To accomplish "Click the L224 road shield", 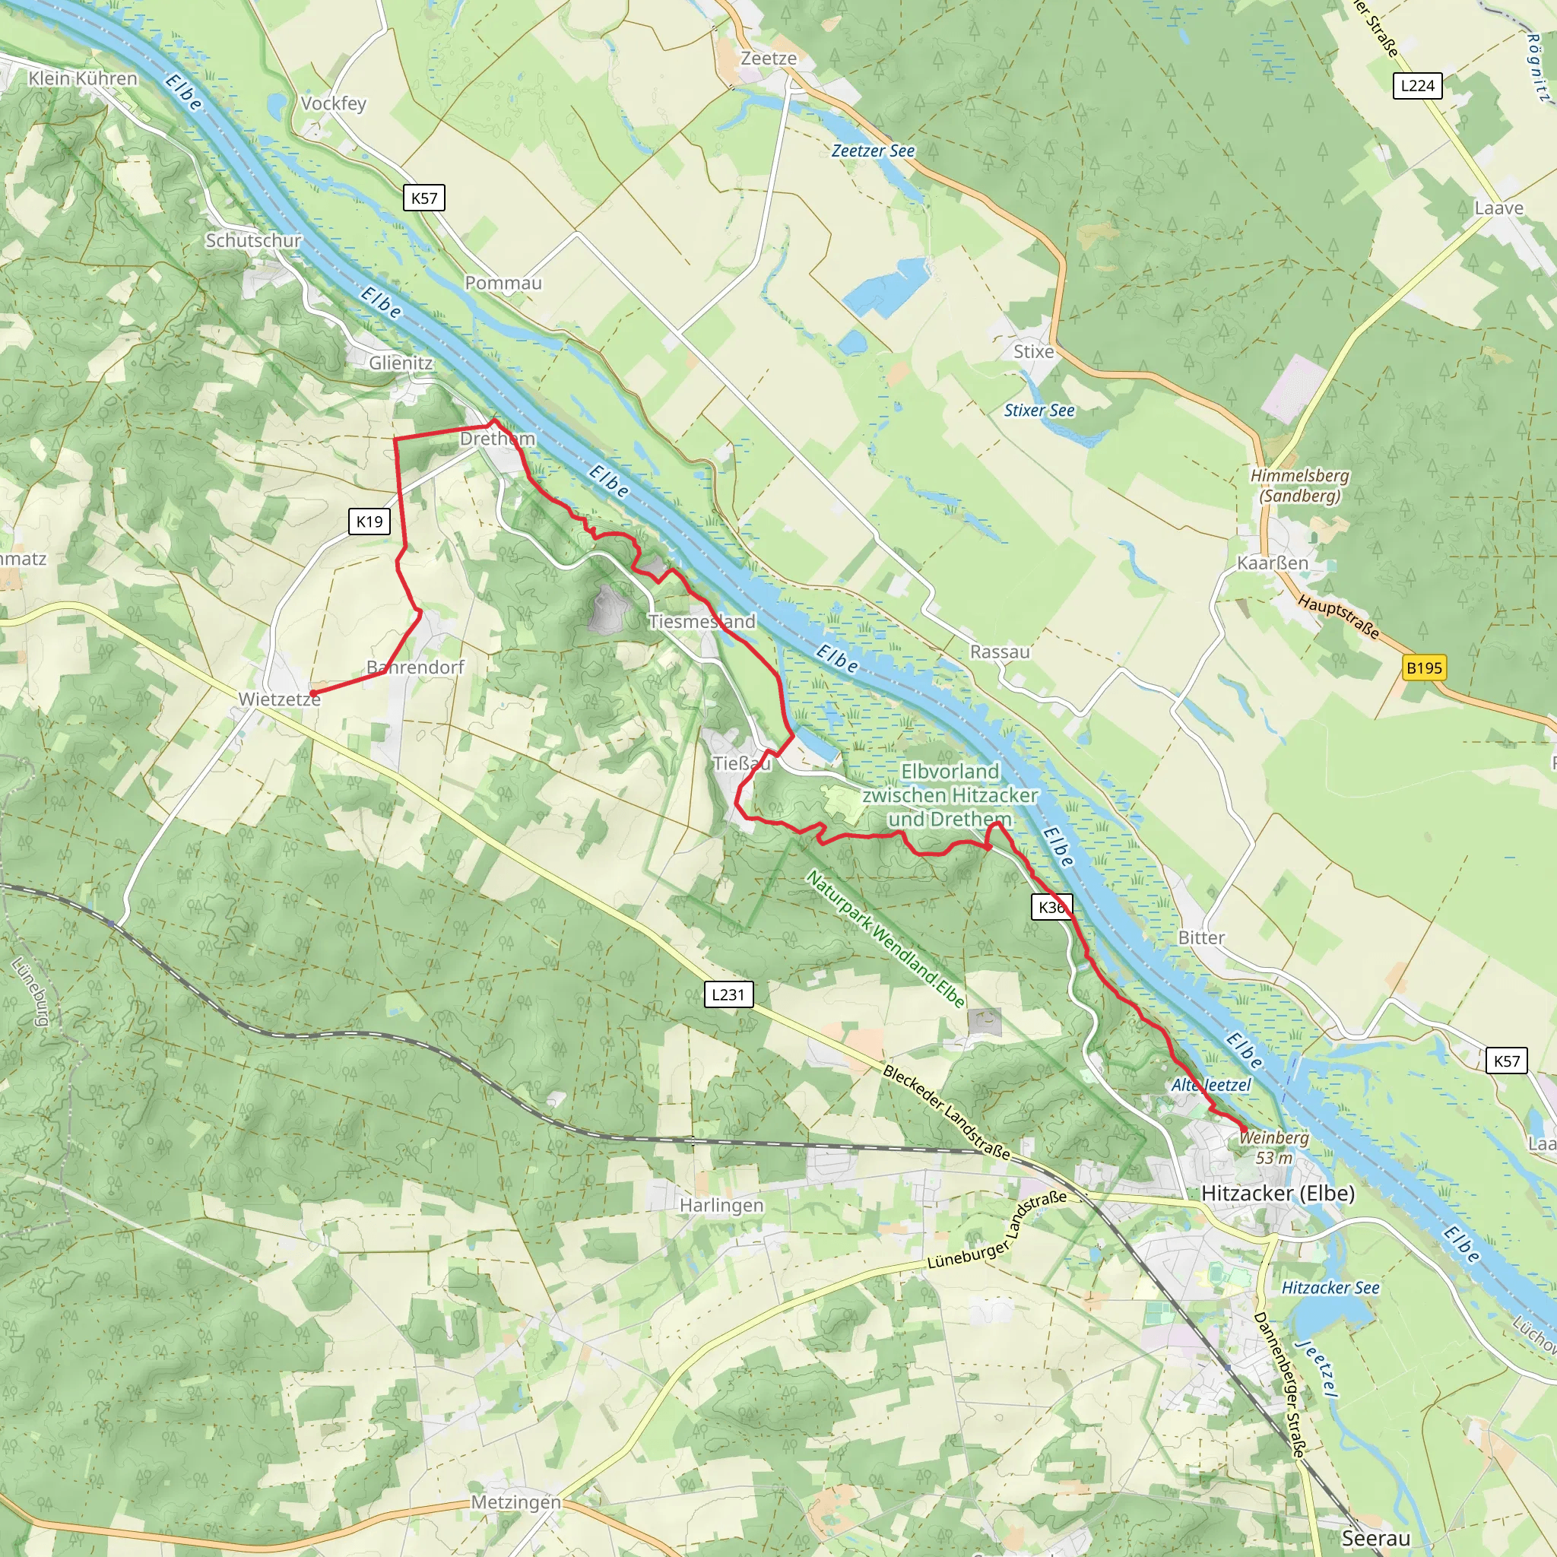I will [1417, 85].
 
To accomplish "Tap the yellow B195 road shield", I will [1423, 668].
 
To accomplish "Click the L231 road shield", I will [728, 994].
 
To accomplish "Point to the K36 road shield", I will [1051, 908].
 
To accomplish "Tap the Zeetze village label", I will [768, 58].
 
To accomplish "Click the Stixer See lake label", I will [1039, 411].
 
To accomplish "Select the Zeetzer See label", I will [873, 151].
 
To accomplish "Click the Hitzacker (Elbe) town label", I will [1277, 1193].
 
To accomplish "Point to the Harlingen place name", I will [721, 1205].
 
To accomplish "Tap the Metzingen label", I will [515, 1502].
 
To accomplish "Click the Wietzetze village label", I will [279, 699].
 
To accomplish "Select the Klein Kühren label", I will [83, 78].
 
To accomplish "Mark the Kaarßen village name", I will [1272, 563].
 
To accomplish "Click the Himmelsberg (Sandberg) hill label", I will [1299, 485].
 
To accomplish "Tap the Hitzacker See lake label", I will [1330, 1287].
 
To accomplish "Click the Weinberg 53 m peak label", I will [1274, 1146].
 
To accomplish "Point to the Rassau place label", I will [999, 652].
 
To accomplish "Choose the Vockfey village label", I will [333, 103].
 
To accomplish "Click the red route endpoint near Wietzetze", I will [312, 693].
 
